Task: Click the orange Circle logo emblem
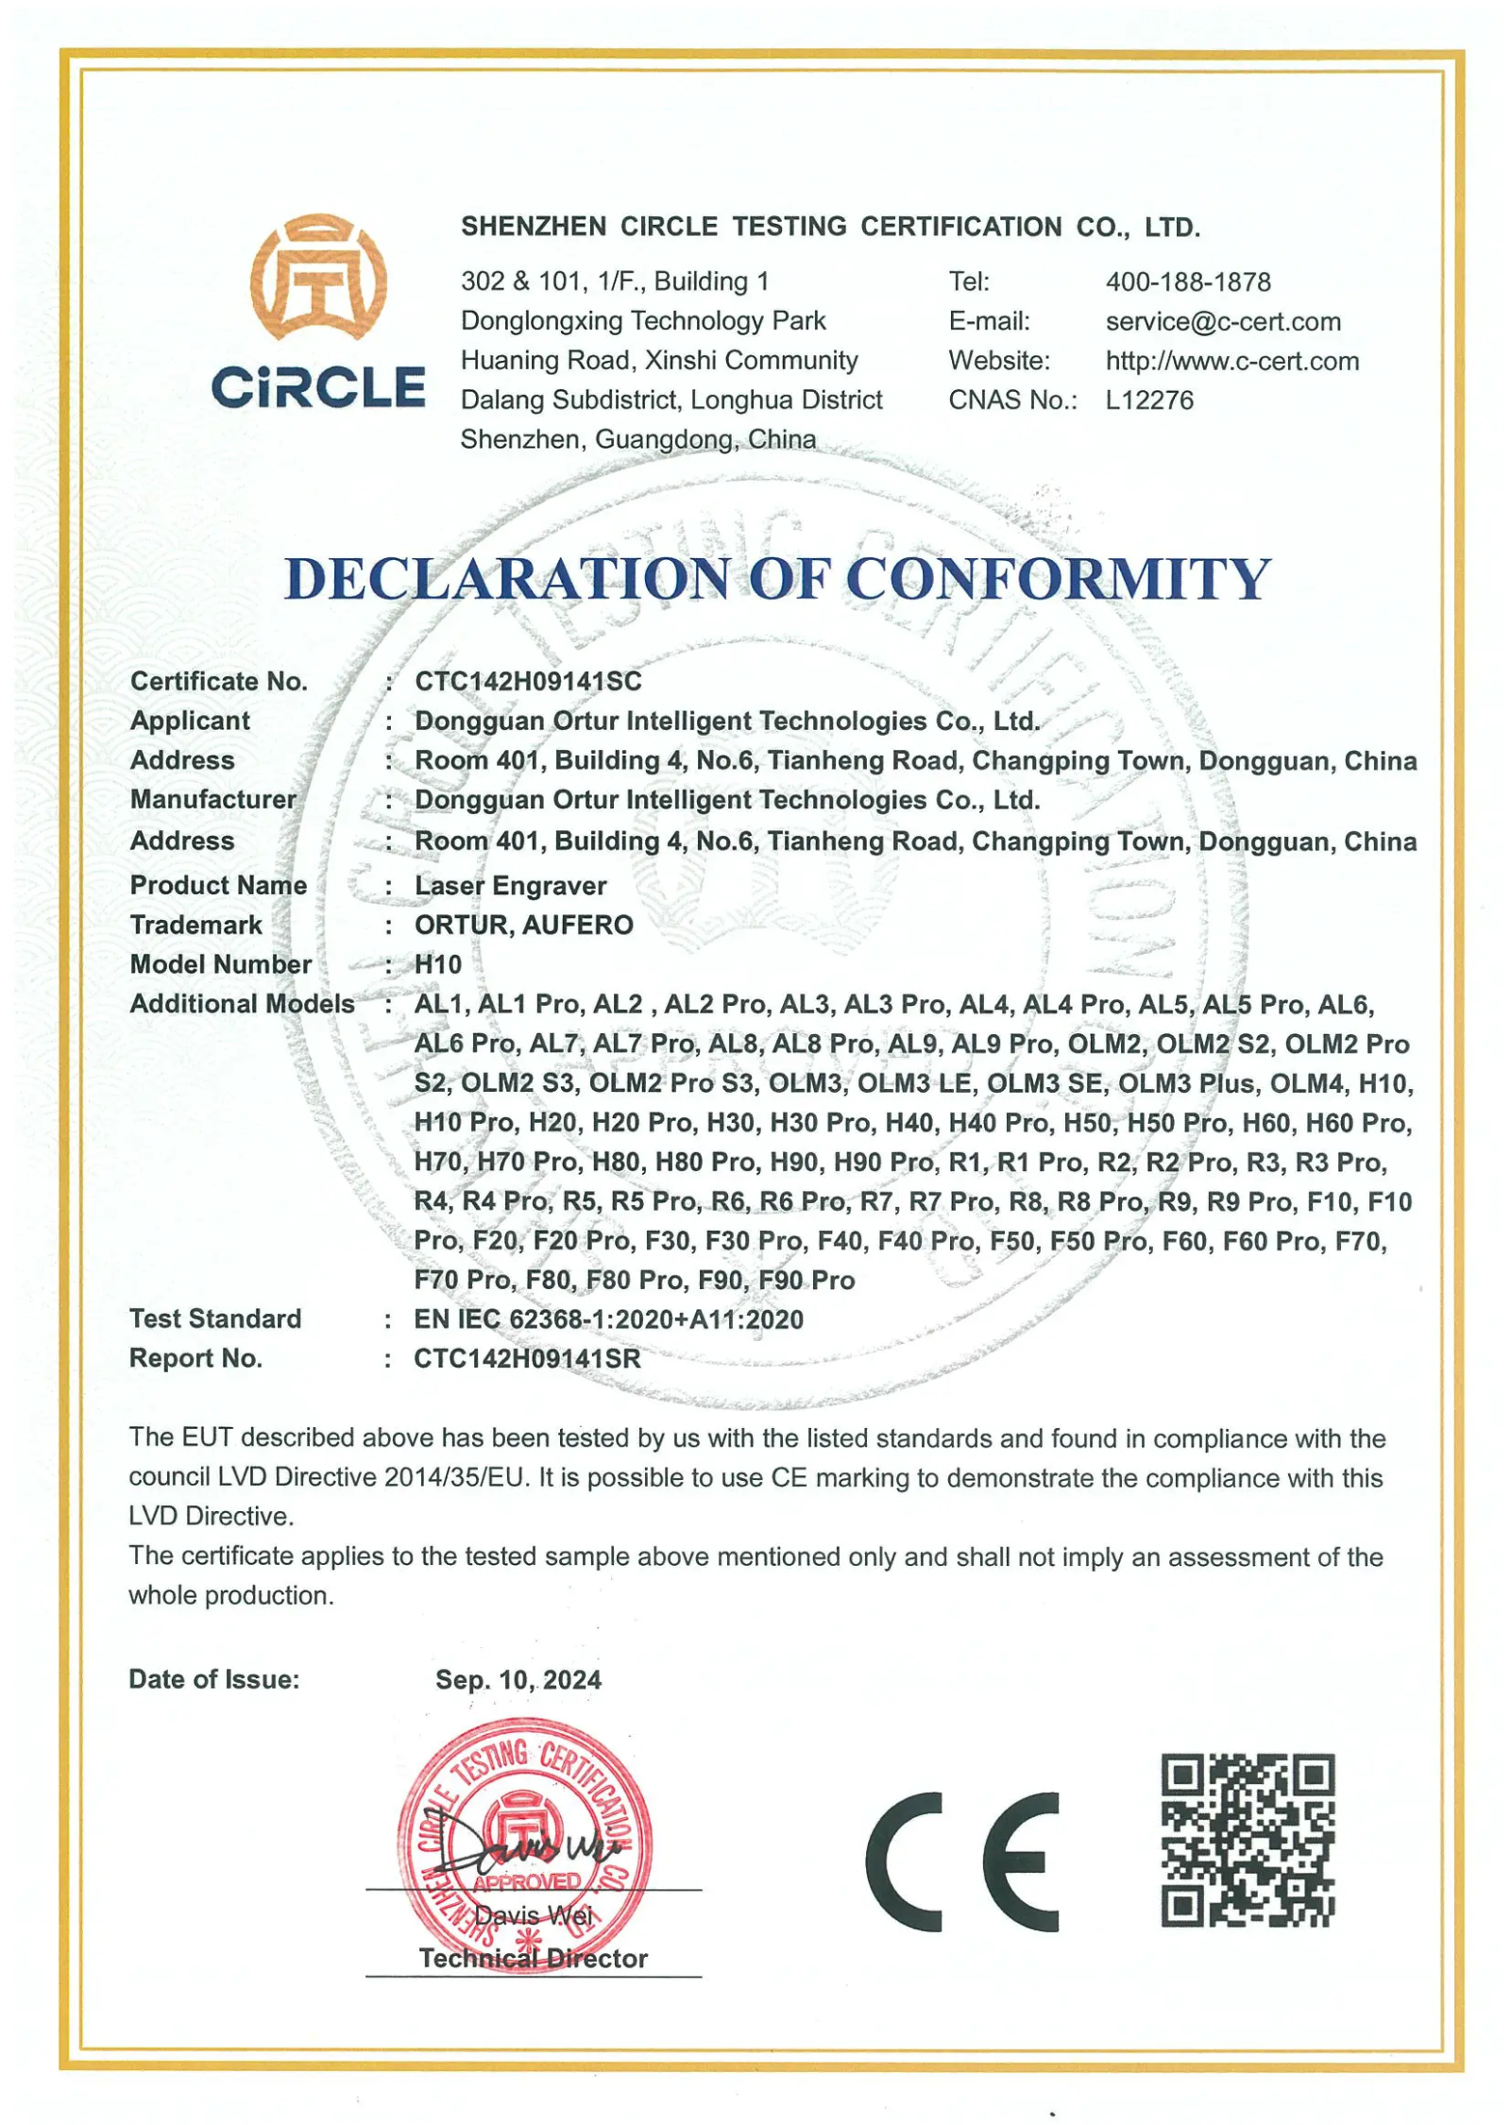[317, 276]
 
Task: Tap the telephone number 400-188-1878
[1187, 281]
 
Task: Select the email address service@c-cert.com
[1222, 321]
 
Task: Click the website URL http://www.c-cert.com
[1231, 361]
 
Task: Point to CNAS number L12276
[1148, 400]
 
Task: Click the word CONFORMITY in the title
[1057, 578]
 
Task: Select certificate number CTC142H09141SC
[527, 681]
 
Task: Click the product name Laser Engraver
[510, 886]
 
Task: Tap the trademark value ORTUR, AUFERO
[523, 925]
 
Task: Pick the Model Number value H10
[437, 964]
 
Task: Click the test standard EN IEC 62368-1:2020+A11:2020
[607, 1319]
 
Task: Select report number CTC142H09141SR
[526, 1359]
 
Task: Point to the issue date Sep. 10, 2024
[518, 1680]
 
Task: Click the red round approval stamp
[524, 1843]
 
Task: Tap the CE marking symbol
[960, 1861]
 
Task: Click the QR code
[1247, 1840]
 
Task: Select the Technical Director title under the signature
[533, 1958]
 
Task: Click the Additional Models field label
[242, 1004]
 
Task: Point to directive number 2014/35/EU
[455, 1478]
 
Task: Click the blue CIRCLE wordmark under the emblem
[317, 388]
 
